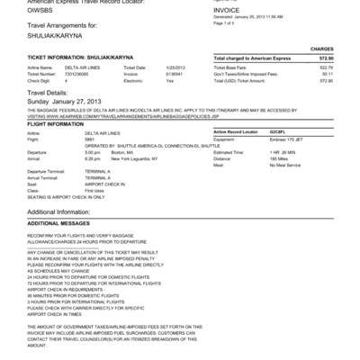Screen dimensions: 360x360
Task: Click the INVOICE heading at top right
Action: click(x=227, y=11)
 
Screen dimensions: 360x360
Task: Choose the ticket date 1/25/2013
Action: click(x=175, y=67)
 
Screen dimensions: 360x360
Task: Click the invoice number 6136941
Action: click(x=174, y=74)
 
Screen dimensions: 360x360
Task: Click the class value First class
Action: click(x=94, y=191)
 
